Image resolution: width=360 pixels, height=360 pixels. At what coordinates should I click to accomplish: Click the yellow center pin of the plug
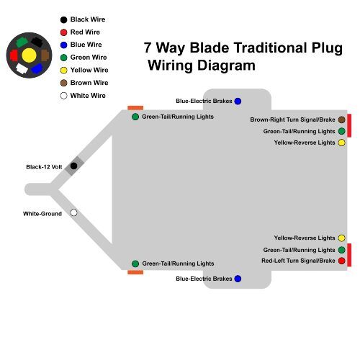[x=29, y=55]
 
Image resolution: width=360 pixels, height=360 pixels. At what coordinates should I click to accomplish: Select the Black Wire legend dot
[x=63, y=20]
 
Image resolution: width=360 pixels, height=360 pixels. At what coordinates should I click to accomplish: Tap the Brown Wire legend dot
[x=63, y=83]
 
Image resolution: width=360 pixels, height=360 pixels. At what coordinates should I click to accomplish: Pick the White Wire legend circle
[x=63, y=95]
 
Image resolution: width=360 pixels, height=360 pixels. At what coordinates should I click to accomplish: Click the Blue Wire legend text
[x=85, y=45]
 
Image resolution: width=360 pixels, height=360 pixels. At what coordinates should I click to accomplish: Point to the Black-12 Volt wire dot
[x=73, y=166]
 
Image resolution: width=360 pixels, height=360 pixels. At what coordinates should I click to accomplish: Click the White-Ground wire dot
[x=73, y=213]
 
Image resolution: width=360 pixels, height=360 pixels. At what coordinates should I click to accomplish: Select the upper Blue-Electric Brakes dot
[x=238, y=102]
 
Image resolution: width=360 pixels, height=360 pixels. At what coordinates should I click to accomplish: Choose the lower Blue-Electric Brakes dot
[x=238, y=278]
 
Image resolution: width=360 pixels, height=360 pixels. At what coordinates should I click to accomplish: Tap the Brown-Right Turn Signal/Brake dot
[x=341, y=120]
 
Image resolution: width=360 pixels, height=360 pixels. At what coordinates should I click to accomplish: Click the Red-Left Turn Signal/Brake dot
[x=341, y=261]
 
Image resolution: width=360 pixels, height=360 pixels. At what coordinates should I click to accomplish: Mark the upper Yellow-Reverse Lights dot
[x=341, y=143]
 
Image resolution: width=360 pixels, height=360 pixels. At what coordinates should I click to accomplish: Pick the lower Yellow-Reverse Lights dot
[x=341, y=238]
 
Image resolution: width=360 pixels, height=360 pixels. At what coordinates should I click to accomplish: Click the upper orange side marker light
[x=135, y=108]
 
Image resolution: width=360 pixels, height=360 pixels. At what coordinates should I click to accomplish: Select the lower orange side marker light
[x=135, y=272]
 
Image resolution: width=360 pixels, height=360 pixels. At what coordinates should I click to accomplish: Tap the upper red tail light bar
[x=349, y=125]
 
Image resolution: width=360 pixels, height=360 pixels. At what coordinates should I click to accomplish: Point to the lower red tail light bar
[x=349, y=255]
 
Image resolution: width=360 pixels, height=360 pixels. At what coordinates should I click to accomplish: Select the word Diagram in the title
[x=228, y=66]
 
